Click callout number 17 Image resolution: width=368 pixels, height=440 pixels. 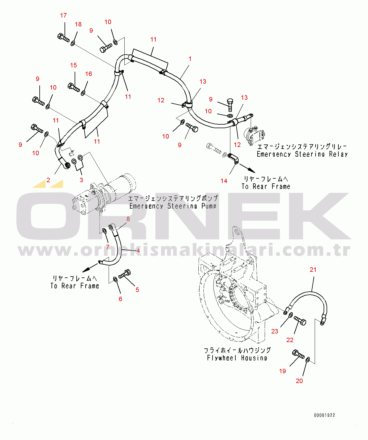(63, 15)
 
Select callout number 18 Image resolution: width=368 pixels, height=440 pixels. (78, 24)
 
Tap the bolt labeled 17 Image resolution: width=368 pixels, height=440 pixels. (63, 38)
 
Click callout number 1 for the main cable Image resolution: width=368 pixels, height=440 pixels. (190, 59)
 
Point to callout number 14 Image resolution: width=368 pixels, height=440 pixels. (224, 181)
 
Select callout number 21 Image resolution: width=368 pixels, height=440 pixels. (313, 270)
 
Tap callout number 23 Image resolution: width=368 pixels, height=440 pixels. (275, 331)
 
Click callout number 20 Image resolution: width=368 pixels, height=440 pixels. (299, 381)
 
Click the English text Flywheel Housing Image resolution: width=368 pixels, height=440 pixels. (237, 358)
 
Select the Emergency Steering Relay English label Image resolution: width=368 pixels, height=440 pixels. (302, 154)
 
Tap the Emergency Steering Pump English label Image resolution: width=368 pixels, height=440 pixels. (173, 206)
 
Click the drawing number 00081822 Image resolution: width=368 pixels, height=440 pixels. (324, 415)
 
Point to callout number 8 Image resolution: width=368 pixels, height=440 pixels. (128, 219)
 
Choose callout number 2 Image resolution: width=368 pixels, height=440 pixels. (48, 180)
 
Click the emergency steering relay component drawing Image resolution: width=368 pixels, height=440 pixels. (254, 135)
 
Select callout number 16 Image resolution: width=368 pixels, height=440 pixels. (89, 74)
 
